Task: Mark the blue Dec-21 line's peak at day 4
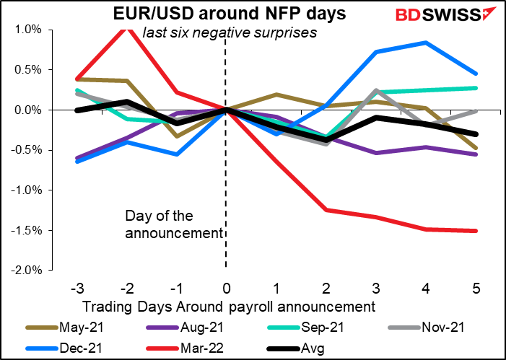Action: (427, 43)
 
